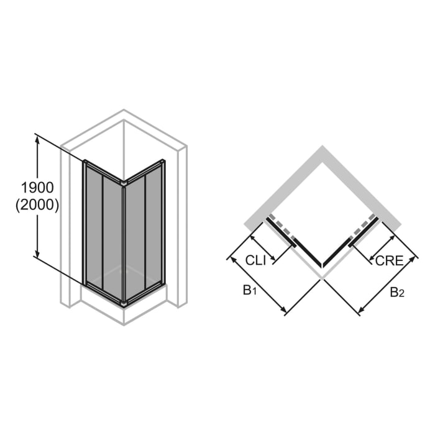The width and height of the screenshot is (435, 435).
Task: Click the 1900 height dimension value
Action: tap(37, 187)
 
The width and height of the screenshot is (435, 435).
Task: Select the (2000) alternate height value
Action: tap(37, 205)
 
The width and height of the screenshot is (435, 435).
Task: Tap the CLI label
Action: tap(255, 260)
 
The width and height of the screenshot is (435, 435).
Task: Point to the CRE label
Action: tap(389, 260)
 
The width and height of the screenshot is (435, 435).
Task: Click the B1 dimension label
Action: tap(249, 290)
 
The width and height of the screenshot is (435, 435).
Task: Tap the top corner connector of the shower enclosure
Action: tap(124, 183)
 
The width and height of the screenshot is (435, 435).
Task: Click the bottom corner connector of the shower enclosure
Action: tap(124, 303)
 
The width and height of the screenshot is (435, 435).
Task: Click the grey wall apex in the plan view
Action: tap(322, 149)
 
